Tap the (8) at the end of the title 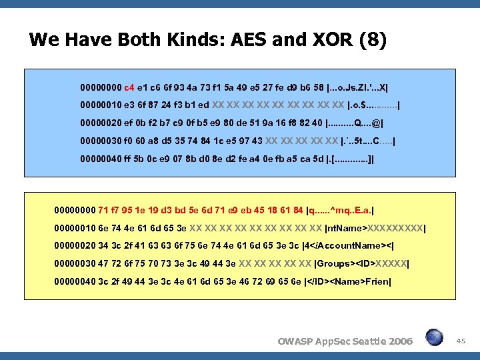pos(371,41)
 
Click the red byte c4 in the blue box pos(129,87)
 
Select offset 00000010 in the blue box pos(101,105)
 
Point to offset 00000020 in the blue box pos(101,123)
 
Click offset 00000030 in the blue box pos(101,141)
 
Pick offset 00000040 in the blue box pos(101,159)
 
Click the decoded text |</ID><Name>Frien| pos(348,282)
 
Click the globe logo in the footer pos(435,338)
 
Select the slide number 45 pos(461,341)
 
